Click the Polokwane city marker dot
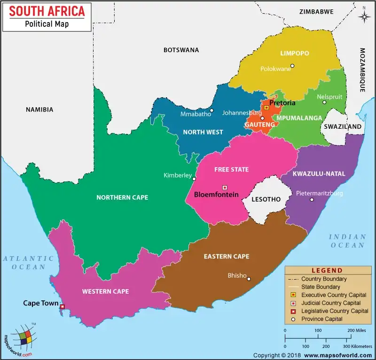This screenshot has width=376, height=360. [292, 66]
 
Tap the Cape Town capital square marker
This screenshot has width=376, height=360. [63, 307]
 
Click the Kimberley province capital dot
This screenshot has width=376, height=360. [194, 179]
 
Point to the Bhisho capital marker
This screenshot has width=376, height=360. [249, 279]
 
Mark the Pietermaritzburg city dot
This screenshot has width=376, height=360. [311, 200]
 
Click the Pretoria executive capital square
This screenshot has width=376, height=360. [266, 108]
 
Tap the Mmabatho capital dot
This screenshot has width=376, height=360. [211, 111]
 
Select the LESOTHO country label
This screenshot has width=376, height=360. [266, 199]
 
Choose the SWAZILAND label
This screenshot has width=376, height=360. [342, 126]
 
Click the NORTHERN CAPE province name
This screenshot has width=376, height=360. [122, 197]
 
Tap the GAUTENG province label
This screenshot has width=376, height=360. [259, 125]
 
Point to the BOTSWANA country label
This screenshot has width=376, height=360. [181, 50]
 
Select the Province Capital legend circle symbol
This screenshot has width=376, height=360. [294, 319]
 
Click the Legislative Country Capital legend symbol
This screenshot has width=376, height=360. [294, 311]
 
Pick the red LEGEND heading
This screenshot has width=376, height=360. [327, 271]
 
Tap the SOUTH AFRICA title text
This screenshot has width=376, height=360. [47, 11]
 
